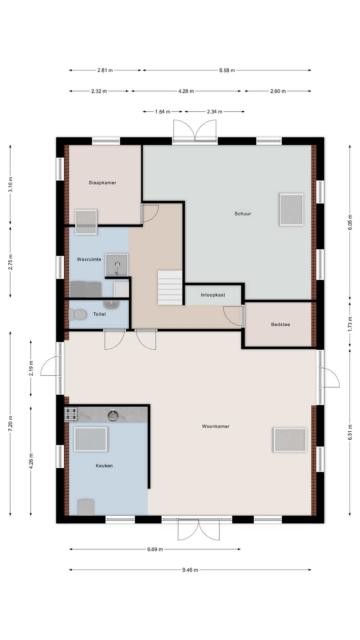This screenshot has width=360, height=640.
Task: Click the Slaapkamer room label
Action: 102,183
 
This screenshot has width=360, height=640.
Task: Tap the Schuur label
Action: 243,214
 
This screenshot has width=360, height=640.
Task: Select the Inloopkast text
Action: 213,295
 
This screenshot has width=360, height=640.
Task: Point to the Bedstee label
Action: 280,324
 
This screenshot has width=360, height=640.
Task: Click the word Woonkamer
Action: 216,426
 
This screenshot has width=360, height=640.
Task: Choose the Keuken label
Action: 104,466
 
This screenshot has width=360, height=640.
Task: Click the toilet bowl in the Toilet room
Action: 78,314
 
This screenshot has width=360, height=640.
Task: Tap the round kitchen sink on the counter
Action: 113,415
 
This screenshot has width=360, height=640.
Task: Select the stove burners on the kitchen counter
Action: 71,414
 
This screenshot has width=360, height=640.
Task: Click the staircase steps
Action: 170,288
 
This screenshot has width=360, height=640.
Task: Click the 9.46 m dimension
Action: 190,570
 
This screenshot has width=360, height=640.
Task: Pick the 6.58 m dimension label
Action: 227,70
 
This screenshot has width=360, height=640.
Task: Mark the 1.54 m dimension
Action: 163,112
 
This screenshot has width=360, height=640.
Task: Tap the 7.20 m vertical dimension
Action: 10,424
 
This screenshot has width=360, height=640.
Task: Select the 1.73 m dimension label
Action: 350,324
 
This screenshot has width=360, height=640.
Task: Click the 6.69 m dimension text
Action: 155,549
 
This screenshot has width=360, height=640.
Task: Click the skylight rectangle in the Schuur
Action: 291,210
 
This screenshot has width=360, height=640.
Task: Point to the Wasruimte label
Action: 89,259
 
